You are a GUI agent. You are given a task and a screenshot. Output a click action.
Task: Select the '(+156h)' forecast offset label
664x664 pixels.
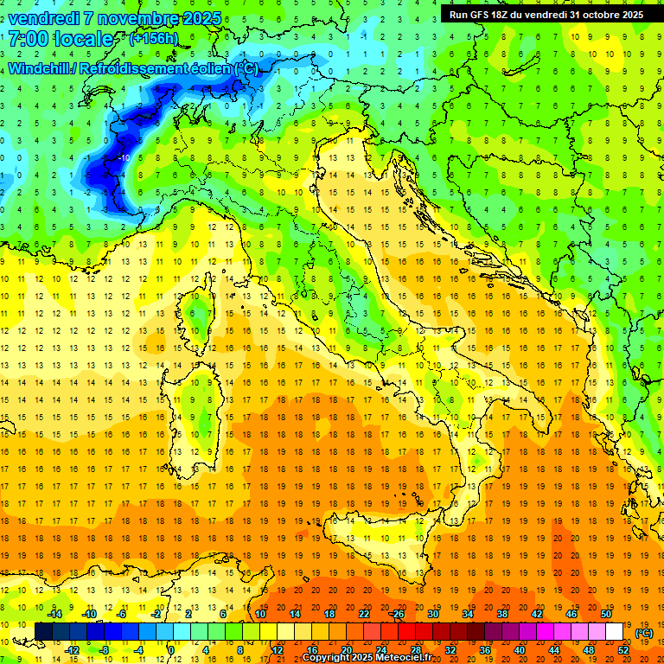(153, 39)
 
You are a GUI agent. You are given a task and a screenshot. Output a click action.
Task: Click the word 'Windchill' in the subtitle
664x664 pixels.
(40, 68)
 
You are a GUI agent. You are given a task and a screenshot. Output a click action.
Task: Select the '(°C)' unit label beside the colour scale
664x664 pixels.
(644, 633)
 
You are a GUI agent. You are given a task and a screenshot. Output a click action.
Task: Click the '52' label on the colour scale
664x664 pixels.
(622, 649)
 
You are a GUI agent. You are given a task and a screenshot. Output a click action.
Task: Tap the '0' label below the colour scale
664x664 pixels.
(171, 649)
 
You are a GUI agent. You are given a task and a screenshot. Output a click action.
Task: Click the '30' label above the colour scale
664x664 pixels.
(432, 614)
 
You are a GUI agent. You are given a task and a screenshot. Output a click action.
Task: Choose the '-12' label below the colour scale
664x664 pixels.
(73, 649)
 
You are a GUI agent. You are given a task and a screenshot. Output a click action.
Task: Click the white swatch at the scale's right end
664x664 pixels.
(614, 632)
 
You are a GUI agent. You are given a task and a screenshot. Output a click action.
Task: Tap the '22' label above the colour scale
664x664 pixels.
(363, 614)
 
